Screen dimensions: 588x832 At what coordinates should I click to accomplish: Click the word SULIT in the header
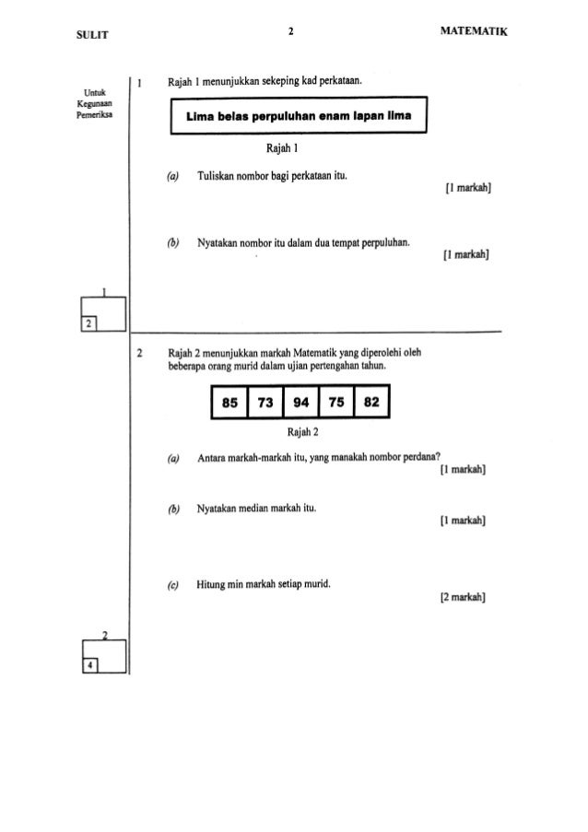(69, 33)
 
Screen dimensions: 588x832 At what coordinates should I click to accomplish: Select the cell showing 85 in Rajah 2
(227, 402)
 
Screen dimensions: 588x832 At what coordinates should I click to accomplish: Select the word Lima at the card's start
(202, 118)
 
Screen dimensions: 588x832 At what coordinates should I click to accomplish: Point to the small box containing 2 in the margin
(88, 323)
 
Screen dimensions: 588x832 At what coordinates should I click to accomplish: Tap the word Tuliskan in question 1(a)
(215, 176)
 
